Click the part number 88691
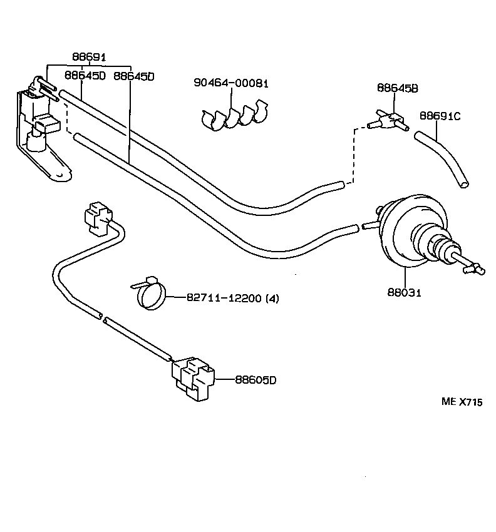[x=88, y=57]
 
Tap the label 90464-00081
[x=230, y=83]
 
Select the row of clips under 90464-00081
[x=234, y=117]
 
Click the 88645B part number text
[x=397, y=88]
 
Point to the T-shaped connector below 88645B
[x=390, y=120]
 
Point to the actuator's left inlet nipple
[x=369, y=223]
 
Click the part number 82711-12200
[x=224, y=299]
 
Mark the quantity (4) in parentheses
[x=272, y=299]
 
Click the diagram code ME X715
[x=462, y=403]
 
